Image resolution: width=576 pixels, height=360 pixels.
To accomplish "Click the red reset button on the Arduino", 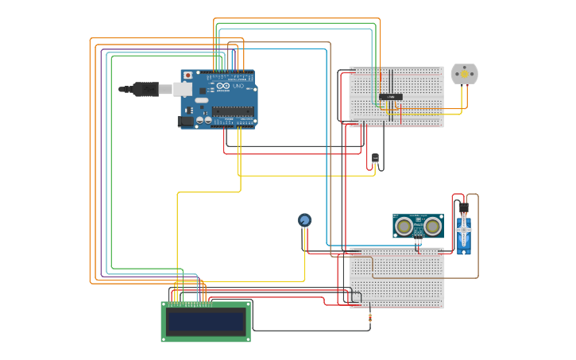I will (187, 75).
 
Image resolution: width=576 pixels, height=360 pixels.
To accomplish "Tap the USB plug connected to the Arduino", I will (147, 89).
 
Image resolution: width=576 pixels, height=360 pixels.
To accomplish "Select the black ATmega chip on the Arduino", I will (232, 110).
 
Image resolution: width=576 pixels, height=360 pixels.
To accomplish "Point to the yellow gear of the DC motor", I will (465, 74).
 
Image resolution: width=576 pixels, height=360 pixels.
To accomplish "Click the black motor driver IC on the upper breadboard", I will (390, 97).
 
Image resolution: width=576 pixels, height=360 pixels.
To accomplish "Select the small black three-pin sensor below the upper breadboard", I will (375, 158).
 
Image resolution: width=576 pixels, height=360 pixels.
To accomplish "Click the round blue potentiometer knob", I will (304, 219).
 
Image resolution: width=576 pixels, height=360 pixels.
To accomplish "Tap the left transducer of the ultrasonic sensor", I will (404, 226).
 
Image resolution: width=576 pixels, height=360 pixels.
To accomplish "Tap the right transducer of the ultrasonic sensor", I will (432, 226).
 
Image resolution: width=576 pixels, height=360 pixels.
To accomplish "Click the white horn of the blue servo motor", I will (463, 231).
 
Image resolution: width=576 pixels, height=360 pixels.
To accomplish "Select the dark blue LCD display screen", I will (206, 322).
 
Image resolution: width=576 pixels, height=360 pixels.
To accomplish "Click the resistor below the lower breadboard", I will (369, 318).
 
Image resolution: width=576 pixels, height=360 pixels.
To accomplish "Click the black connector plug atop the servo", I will (463, 208).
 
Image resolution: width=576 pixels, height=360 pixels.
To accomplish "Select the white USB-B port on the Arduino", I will (183, 89).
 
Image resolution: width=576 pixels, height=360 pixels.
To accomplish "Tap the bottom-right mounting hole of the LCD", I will (247, 339).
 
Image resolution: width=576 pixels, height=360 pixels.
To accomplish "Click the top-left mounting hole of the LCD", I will (164, 304).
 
